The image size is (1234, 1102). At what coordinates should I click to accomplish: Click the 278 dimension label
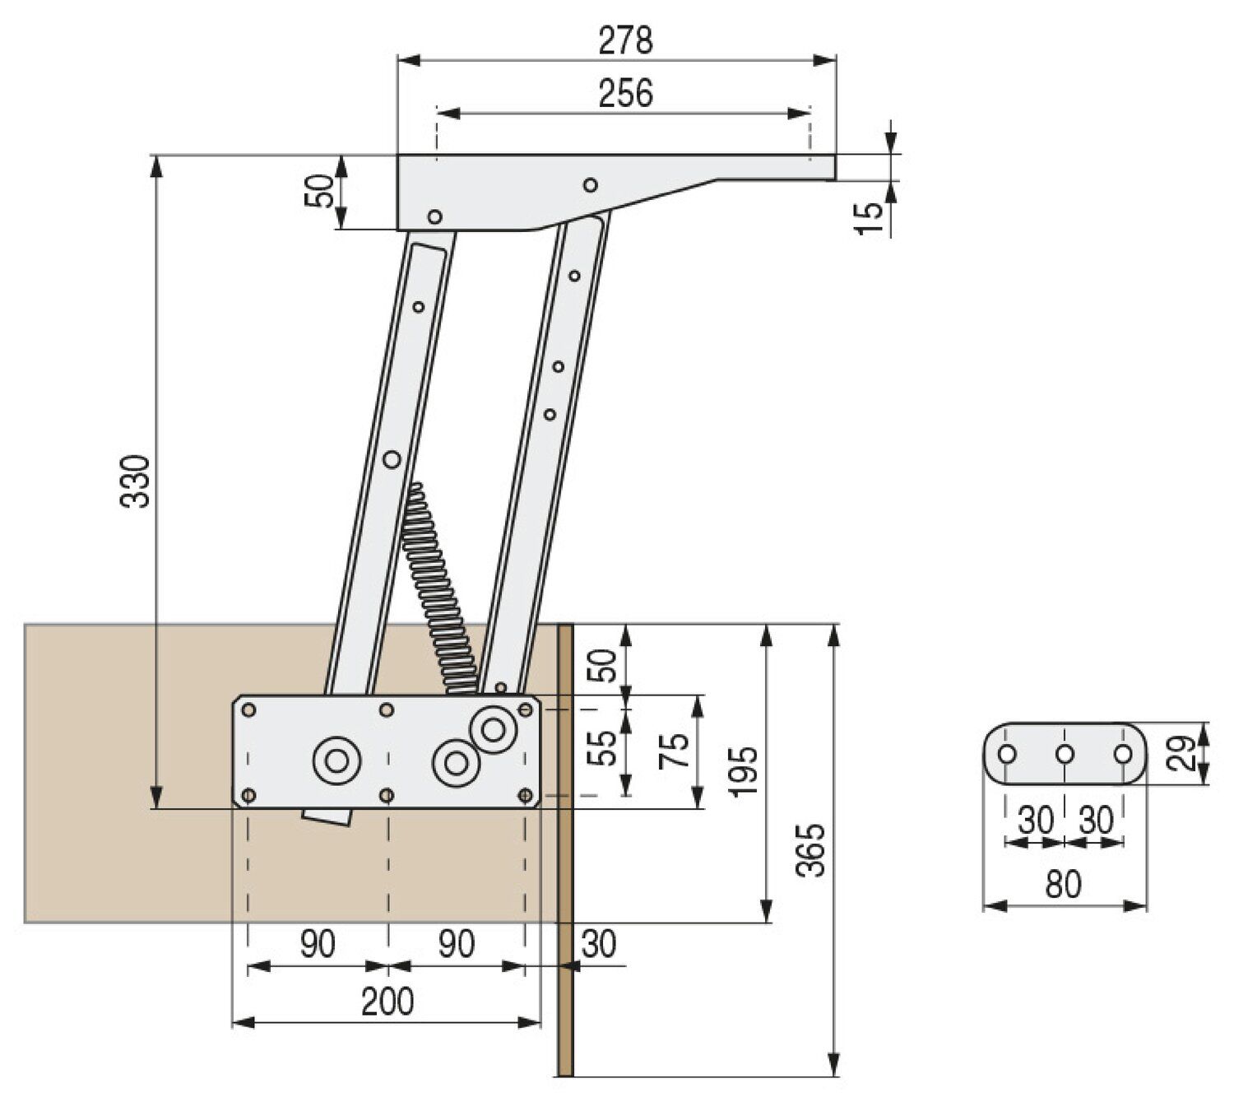pos(625,40)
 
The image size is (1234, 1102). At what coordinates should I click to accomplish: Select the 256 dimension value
pos(625,93)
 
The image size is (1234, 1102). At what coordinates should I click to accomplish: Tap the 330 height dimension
pos(137,481)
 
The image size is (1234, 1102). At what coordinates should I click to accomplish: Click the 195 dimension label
pos(745,770)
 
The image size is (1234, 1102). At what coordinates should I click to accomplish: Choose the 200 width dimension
pos(387,1002)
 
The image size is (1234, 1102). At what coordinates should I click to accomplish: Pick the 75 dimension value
pos(675,751)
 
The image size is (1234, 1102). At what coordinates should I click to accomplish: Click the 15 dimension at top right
pos(869,218)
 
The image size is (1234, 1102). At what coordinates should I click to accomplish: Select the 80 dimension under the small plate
pos(1063,885)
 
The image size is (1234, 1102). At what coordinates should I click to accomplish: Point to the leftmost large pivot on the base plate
pos(336,760)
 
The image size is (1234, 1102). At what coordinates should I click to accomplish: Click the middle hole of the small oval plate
pos(1065,754)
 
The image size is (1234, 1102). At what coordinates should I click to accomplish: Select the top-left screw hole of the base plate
pos(249,710)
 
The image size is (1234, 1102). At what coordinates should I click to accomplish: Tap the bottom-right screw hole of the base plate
pos(526,795)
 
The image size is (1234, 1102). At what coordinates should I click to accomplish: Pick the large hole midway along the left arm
pos(392,458)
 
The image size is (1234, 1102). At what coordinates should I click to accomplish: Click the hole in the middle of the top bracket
pos(590,184)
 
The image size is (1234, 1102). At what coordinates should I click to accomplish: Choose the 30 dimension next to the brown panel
pos(598,944)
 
